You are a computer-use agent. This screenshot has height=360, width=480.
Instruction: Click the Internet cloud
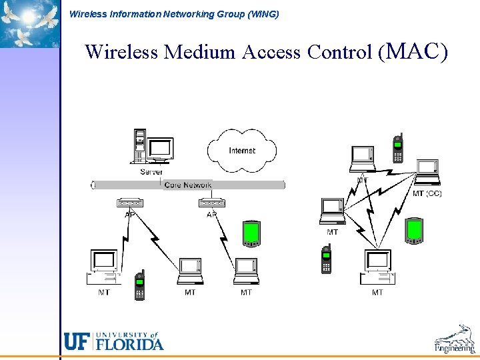coord(241,150)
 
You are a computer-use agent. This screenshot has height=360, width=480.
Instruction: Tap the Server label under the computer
coord(151,171)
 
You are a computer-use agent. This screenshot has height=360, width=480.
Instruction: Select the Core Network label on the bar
coord(188,185)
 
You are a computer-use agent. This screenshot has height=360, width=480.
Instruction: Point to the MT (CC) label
coord(427,193)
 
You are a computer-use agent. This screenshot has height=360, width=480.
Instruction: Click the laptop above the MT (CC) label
coord(427,172)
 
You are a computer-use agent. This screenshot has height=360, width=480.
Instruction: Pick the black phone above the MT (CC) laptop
coord(397,147)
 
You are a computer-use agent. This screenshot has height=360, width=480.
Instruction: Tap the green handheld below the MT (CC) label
coord(414,230)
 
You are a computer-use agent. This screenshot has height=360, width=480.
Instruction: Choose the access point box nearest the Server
coord(130,203)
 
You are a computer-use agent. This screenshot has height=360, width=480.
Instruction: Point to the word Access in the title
coord(271,51)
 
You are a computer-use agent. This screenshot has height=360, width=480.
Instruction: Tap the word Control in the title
coord(339,51)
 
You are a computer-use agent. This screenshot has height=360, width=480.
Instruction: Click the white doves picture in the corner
coord(29,23)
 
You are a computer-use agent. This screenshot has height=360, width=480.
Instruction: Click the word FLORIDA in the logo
coord(130,344)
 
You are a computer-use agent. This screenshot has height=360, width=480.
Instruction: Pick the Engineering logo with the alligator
coord(455,339)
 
